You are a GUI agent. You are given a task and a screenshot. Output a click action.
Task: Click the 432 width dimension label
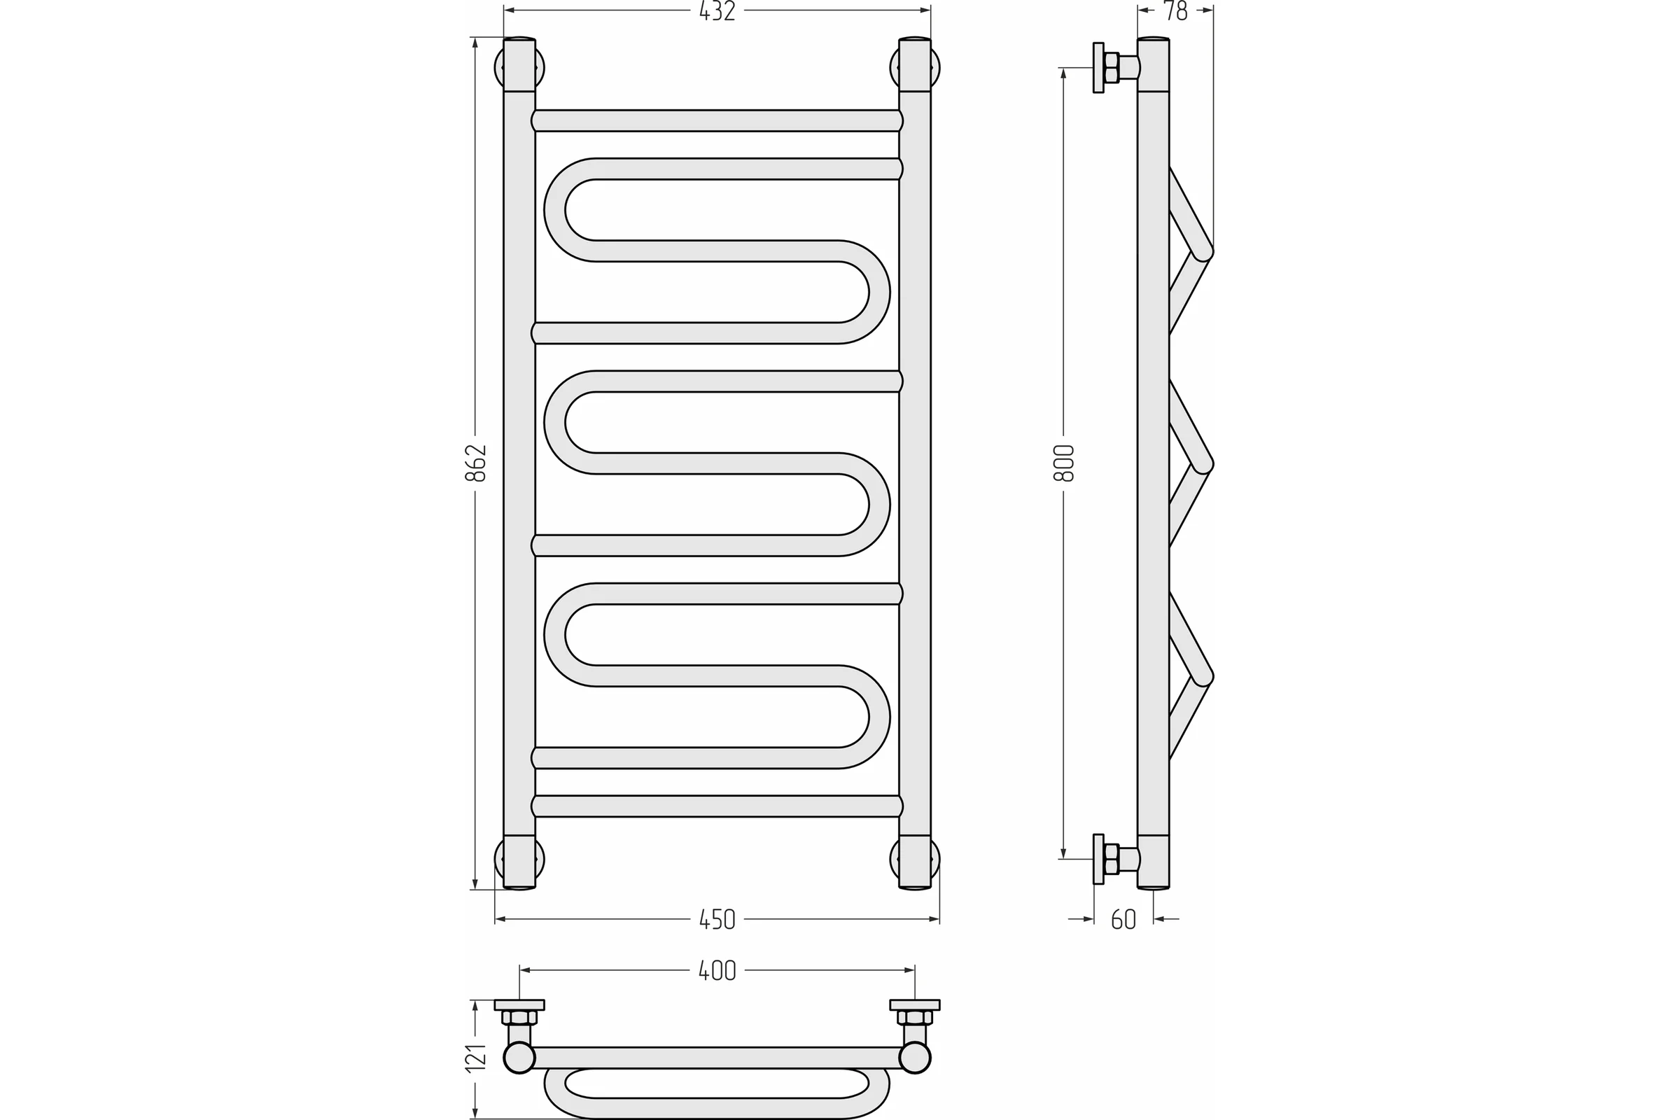point(717,10)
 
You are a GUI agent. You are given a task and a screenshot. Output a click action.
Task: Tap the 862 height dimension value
point(476,463)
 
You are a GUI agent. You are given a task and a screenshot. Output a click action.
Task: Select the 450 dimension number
point(717,919)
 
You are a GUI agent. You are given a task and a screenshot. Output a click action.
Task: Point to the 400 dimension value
point(717,971)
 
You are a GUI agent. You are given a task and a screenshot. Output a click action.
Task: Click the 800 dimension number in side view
point(1063,463)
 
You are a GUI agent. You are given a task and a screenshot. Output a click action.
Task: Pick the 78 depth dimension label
point(1175,10)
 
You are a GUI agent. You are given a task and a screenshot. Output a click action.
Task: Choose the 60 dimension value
point(1123,919)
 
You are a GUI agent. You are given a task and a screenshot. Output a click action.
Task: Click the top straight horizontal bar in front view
point(717,120)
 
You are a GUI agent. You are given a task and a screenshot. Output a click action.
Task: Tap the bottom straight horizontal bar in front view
point(717,806)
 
